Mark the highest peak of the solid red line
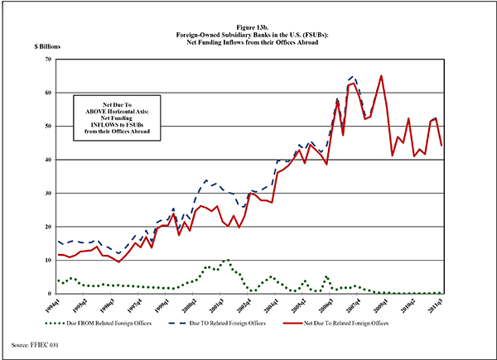pyautogui.click(x=380, y=76)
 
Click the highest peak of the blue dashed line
pyautogui.click(x=352, y=76)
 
